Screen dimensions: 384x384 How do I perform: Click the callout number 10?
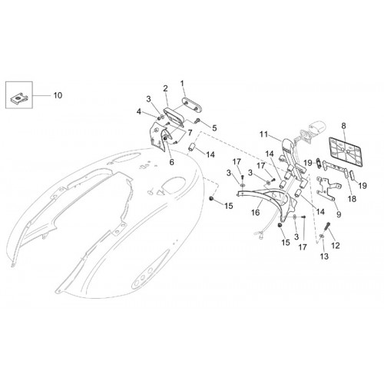pyautogui.click(x=58, y=95)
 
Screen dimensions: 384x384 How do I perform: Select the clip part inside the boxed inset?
pyautogui.click(x=19, y=99)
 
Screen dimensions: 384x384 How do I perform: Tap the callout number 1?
pyautogui.click(x=182, y=84)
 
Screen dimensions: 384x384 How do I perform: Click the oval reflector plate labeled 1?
pyautogui.click(x=192, y=104)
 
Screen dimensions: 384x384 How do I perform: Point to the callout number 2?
pyautogui.click(x=166, y=88)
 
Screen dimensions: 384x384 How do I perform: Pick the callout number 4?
pyautogui.click(x=139, y=111)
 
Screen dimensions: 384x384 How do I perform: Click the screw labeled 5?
pyautogui.click(x=197, y=120)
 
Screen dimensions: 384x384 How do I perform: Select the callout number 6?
pyautogui.click(x=172, y=162)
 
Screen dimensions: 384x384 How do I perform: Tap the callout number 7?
pyautogui.click(x=190, y=133)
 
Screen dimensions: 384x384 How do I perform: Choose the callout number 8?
pyautogui.click(x=343, y=126)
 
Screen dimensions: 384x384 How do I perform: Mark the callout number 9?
pyautogui.click(x=339, y=214)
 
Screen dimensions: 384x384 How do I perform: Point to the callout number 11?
pyautogui.click(x=263, y=134)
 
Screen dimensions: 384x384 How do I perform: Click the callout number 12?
pyautogui.click(x=336, y=246)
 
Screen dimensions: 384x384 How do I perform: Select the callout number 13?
pyautogui.click(x=324, y=256)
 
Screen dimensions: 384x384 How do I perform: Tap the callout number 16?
pyautogui.click(x=256, y=212)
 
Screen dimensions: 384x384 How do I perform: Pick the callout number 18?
pyautogui.click(x=353, y=199)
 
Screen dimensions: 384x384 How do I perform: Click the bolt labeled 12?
pyautogui.click(x=327, y=227)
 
